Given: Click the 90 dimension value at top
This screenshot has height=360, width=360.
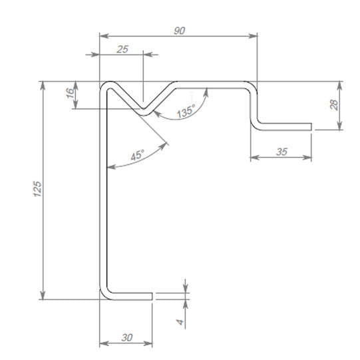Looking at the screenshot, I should click(179, 31).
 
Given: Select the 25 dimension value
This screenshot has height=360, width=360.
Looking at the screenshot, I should click(121, 50).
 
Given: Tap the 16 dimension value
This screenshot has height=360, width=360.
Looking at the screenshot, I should click(71, 94).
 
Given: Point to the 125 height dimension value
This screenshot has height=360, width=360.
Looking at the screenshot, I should click(37, 189).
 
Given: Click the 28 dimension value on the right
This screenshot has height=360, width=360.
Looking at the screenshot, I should click(335, 104).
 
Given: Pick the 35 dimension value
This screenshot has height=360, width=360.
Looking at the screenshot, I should click(281, 152).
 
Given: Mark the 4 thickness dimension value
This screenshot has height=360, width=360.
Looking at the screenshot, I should click(180, 321).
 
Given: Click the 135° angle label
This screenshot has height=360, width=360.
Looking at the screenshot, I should click(186, 111).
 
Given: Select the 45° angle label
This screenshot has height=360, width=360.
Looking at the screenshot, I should click(137, 157).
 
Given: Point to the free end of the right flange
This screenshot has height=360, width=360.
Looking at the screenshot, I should click(311, 126).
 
